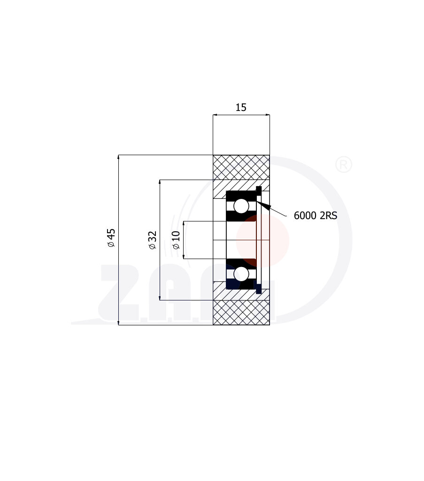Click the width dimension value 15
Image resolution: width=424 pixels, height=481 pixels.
click(241, 107)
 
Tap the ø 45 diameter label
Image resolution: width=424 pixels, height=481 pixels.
click(111, 237)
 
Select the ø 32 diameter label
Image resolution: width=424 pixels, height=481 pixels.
click(152, 240)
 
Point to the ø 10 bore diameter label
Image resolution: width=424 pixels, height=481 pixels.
click(176, 240)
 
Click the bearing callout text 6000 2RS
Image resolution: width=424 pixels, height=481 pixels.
click(315, 215)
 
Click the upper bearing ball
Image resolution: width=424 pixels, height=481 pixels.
click(241, 206)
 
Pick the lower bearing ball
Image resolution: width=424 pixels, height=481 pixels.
click(241, 274)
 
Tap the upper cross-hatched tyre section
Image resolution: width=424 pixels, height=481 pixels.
click(241, 167)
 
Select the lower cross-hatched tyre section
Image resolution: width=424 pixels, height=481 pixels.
click(241, 312)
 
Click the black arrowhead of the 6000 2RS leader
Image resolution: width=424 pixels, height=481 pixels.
click(264, 205)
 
